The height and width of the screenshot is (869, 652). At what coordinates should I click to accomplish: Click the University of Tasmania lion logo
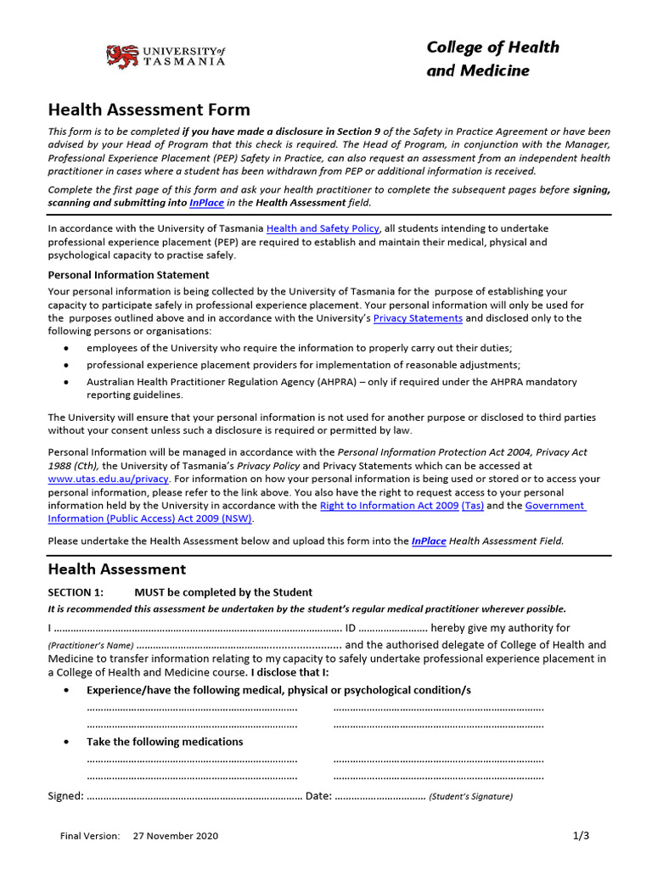click(x=121, y=57)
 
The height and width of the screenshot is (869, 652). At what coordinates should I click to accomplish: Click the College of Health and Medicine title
click(x=492, y=59)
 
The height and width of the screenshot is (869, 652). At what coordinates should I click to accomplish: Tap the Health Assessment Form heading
click(x=149, y=109)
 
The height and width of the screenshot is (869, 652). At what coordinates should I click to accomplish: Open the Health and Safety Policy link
click(x=323, y=228)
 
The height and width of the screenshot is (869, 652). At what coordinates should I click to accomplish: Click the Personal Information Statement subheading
click(x=128, y=275)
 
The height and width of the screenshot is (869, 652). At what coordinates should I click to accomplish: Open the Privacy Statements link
click(x=418, y=318)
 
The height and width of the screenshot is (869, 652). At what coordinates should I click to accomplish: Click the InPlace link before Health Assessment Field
click(x=429, y=541)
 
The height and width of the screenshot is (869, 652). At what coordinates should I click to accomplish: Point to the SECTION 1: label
click(x=76, y=592)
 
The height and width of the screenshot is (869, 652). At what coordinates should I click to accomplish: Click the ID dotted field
click(x=395, y=628)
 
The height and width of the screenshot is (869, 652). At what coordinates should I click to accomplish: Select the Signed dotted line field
click(x=194, y=796)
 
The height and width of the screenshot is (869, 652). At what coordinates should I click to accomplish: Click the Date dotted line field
click(x=379, y=796)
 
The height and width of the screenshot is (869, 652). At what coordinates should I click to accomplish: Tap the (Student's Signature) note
click(x=470, y=797)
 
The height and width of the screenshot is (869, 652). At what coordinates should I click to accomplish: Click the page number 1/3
click(x=581, y=835)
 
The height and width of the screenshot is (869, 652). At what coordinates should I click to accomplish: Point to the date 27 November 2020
click(x=176, y=836)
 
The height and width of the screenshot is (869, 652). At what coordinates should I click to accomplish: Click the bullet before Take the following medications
click(x=67, y=742)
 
